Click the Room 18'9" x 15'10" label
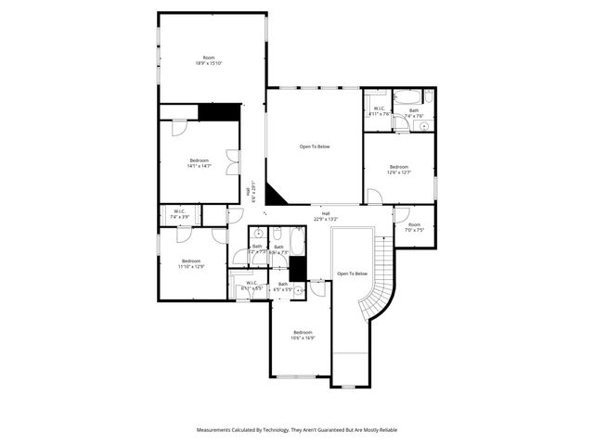click(x=209, y=60)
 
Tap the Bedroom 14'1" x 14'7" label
click(x=200, y=163)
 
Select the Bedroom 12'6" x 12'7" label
click(x=398, y=169)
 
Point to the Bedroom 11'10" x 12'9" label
click(x=192, y=263)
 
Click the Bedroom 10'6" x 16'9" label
click(x=303, y=335)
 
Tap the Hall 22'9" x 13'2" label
click(x=326, y=216)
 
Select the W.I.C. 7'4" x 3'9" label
click(x=179, y=214)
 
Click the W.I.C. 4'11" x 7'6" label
click(x=380, y=111)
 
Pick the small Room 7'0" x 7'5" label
click(x=414, y=226)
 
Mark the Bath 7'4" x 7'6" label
click(x=414, y=113)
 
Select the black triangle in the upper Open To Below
click(x=276, y=193)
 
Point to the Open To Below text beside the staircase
click(x=352, y=273)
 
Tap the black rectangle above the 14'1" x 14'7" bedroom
click(x=219, y=111)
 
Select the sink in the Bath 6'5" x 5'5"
click(x=298, y=290)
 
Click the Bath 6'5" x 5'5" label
click(x=282, y=289)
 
